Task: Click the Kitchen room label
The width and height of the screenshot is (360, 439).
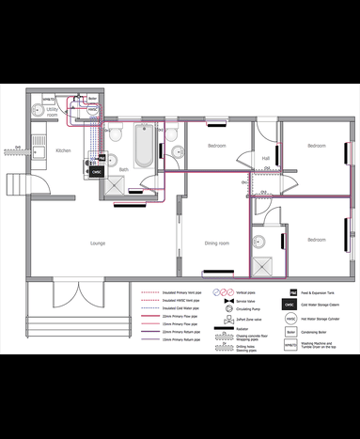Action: pyautogui.click(x=63, y=150)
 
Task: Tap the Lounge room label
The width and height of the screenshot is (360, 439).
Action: pyautogui.click(x=98, y=243)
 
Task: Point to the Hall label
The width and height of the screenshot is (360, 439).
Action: pyautogui.click(x=266, y=157)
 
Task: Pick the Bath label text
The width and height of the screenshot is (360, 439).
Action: pyautogui.click(x=123, y=170)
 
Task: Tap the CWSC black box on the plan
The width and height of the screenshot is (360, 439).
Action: pyautogui.click(x=94, y=172)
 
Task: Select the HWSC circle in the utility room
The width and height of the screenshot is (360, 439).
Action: pyautogui.click(x=92, y=110)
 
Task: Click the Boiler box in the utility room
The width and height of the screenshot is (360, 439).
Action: pyautogui.click(x=92, y=97)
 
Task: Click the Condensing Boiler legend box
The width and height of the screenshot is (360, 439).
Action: pyautogui.click(x=291, y=332)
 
